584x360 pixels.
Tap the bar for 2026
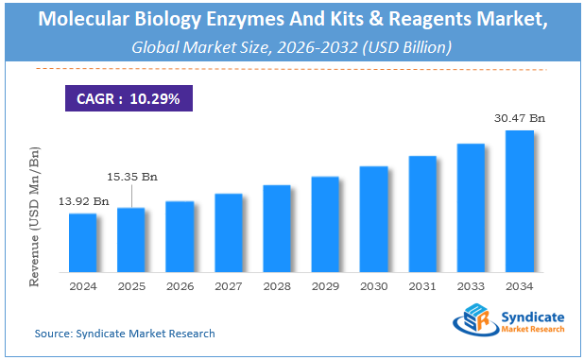pos(180,236)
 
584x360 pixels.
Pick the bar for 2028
pos(277,229)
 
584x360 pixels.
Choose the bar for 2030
pos(374,219)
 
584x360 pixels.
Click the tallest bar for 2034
pos(520,201)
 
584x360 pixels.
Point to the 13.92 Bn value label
pos(82,201)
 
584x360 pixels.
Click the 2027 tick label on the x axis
pos(229,285)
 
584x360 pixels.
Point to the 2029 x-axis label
pos(325,285)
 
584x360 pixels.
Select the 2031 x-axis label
pos(422,285)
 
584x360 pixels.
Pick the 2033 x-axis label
pos(471,285)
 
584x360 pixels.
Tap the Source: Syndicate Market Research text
pos(125,334)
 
